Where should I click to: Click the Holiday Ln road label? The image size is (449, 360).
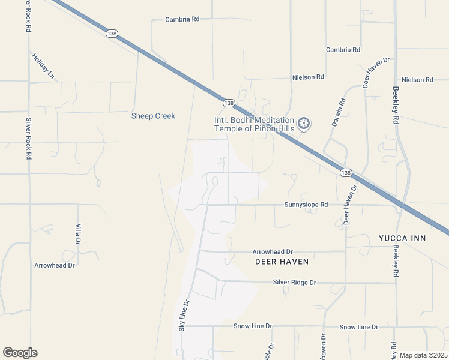click(43, 67)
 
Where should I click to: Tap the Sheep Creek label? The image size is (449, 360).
click(153, 116)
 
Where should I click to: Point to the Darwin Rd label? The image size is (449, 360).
click(339, 112)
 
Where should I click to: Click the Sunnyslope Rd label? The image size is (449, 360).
click(306, 205)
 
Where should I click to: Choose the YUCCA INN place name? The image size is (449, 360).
click(402, 238)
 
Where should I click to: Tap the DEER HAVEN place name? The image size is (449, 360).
click(282, 262)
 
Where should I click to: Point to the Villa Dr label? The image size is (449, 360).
click(78, 233)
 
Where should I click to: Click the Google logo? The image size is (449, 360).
click(20, 353)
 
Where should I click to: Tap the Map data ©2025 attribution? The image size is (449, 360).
click(423, 355)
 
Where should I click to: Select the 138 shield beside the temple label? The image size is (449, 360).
click(228, 103)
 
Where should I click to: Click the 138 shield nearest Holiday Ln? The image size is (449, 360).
click(112, 34)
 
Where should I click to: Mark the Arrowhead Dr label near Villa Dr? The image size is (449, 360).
click(54, 265)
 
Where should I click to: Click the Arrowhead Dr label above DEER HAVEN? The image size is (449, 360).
click(272, 252)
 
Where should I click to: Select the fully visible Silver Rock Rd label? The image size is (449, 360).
click(28, 138)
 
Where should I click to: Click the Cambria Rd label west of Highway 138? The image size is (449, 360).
click(182, 19)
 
